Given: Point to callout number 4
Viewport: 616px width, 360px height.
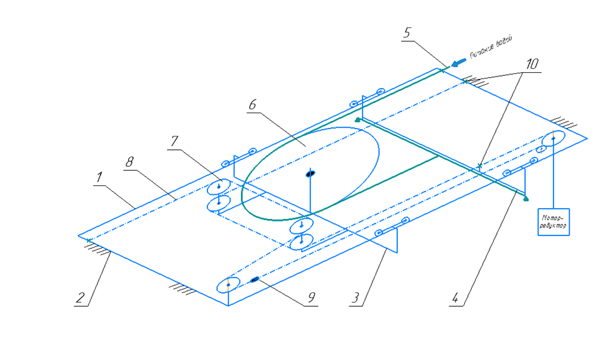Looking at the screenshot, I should (455, 297).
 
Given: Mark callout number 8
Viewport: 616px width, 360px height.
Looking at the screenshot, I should (130, 163).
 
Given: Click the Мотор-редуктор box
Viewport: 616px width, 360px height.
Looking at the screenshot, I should (553, 221).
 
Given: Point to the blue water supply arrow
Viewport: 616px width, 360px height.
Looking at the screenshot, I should (460, 61).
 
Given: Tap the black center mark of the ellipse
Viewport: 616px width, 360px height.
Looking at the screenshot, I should (310, 173).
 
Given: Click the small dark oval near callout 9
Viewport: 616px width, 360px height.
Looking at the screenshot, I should (256, 279).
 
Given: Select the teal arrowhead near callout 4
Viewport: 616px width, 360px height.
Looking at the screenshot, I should (526, 198).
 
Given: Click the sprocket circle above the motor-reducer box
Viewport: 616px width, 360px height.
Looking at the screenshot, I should (553, 138).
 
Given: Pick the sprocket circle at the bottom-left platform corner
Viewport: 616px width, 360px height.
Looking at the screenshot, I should (227, 285).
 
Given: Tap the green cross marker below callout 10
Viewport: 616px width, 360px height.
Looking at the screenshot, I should (480, 166).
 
